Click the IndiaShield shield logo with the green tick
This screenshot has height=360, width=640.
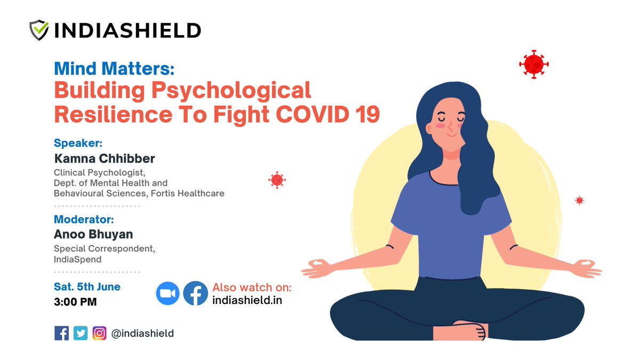40,30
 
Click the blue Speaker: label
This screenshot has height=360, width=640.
78,143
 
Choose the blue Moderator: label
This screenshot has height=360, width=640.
84,219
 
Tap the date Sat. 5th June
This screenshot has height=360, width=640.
87,287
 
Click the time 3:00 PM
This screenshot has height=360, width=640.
75,302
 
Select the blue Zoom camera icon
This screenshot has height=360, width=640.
168,294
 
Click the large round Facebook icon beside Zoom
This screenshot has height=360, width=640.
195,294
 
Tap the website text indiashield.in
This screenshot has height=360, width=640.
247,300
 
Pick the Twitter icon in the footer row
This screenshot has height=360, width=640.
81,333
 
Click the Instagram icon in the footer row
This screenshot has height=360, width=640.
99,333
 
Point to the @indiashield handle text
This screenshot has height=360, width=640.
142,333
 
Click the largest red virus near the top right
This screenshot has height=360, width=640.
534,65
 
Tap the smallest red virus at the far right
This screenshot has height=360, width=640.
579,201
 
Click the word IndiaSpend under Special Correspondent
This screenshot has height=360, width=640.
77,259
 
